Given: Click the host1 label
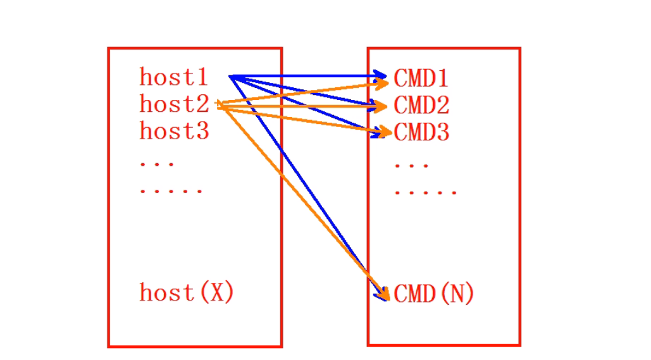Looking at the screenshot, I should pos(174,77).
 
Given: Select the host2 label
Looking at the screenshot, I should pos(174,104).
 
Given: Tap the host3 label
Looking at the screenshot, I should pos(174,132).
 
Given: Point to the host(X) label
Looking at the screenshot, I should pos(187,293).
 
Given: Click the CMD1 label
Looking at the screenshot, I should pos(421,78).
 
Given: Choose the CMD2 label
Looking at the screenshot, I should pos(421,105).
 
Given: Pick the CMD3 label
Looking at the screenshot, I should pos(421,132).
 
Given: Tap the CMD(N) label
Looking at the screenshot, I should pos(434,294).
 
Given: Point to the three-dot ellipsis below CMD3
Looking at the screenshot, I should pos(412,166).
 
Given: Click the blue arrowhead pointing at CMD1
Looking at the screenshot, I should pos(381,77).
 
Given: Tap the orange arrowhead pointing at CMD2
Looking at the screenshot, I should pos(381,107).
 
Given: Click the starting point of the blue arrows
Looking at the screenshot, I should pos(231,77).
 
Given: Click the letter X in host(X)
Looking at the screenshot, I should pos(217,293).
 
